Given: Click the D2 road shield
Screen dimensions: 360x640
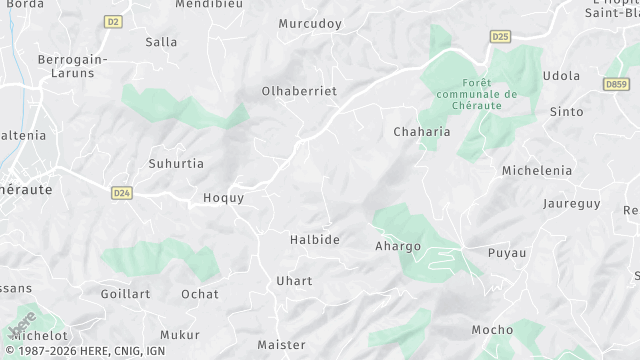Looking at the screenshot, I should [113, 20].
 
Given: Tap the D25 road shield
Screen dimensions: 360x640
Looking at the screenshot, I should [500, 36].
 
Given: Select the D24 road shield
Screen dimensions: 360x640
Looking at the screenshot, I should [121, 192].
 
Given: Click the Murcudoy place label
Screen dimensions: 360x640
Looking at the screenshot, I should [310, 23].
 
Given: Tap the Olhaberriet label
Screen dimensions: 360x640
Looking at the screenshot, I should [299, 91].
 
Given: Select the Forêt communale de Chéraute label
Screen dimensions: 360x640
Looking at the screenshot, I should [477, 94].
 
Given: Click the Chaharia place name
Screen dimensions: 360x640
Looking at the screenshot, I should [422, 131].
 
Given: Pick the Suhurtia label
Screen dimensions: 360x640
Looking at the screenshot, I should [176, 163].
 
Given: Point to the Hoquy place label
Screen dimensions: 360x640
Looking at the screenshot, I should [224, 198].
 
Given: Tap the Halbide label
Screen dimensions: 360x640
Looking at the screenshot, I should [315, 240].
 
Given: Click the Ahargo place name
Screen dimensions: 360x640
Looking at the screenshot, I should [397, 246].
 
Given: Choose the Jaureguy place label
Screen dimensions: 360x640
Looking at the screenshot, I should [570, 204].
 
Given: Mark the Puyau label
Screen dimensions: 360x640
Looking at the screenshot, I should [506, 253].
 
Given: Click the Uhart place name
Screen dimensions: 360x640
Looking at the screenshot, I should [294, 281].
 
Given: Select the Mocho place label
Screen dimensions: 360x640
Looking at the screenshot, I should [492, 330].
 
